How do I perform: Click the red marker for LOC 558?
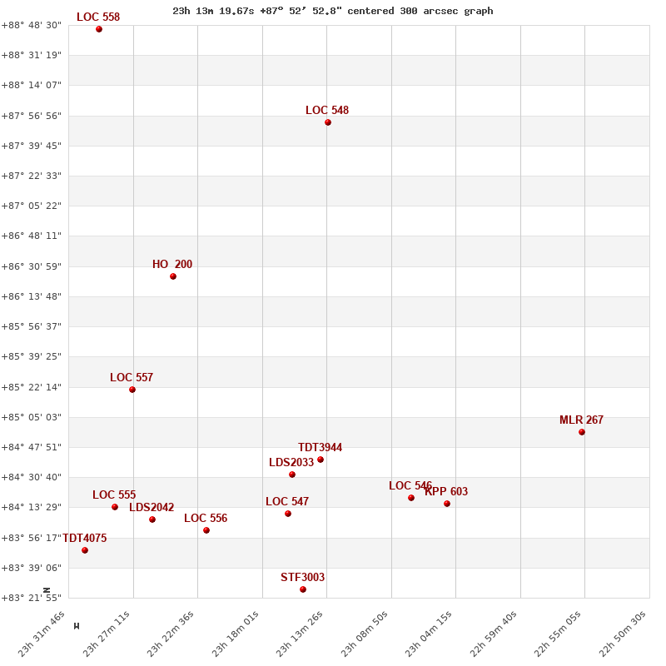coord(99,29)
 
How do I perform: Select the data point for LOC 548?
coord(328,122)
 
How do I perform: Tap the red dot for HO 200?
coord(173,276)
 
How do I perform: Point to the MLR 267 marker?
coord(582,432)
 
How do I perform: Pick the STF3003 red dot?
coord(303,589)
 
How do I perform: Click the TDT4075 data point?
coord(85,550)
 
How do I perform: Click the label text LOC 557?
coord(132,378)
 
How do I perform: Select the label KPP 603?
coord(446,492)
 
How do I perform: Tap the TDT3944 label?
coord(321,448)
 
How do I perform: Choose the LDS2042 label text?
coord(152,508)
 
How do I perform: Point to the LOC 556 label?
coord(206,519)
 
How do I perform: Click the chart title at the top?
coord(333,11)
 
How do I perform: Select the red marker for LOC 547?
coord(288,514)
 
